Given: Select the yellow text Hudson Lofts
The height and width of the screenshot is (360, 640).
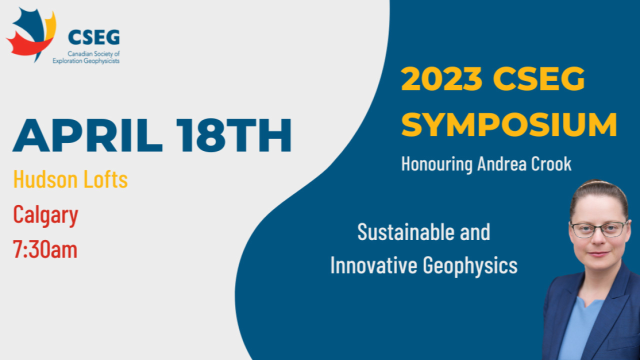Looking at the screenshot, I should tap(70, 179).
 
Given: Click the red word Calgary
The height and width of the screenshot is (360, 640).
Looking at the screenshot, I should tap(45, 215).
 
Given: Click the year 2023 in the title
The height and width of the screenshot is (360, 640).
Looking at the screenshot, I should tap(441, 78).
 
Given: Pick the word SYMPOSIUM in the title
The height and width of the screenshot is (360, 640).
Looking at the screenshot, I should tap(509, 124).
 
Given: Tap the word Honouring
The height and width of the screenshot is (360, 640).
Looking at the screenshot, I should tap(436, 164).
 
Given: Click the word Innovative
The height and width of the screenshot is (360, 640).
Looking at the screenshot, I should tap(373, 265).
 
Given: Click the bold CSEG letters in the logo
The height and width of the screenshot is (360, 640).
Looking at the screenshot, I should tap(94, 36).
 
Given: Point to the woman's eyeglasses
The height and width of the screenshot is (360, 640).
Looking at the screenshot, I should tap(598, 229).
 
